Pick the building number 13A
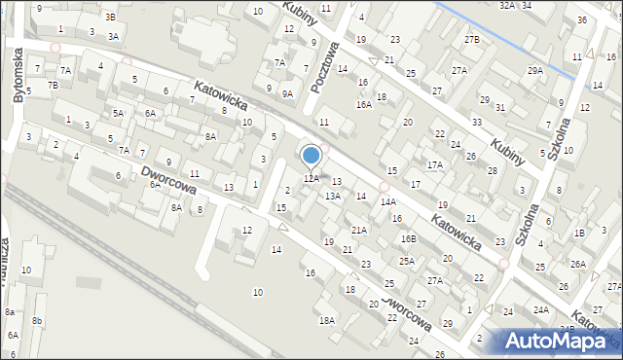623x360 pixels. pos(333,197)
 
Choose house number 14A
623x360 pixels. pos(387,202)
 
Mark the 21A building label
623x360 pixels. pos(359,231)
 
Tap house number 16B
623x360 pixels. pos(409,238)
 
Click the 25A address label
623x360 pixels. pos(406,261)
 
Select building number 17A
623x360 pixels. pos(435,165)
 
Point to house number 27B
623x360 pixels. pos(472,39)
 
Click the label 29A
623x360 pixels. pos(535,70)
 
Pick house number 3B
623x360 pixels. pos(110,17)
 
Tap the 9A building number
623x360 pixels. pos(287,94)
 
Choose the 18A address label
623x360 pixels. pos(327,320)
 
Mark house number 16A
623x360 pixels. pos(363,104)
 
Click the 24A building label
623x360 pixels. pos(540,310)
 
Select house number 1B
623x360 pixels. pos(579,233)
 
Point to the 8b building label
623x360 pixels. pos(37,320)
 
